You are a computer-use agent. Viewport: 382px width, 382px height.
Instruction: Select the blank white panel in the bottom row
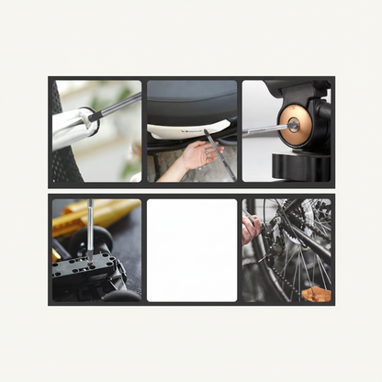tap(191, 250)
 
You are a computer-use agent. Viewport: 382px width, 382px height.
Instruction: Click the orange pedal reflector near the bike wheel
tap(315, 293)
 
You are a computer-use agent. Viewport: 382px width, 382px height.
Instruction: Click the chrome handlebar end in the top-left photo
tap(73, 129)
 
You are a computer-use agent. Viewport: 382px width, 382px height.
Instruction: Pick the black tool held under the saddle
tap(219, 154)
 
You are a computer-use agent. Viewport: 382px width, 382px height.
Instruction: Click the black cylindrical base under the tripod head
tap(301, 168)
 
